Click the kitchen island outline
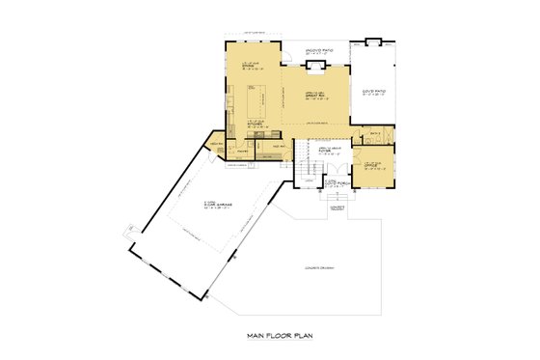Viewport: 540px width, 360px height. coord(259,98)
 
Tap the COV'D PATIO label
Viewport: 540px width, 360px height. coord(374,93)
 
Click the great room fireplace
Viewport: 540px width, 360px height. coord(313,66)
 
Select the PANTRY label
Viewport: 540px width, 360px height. coord(242,152)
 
